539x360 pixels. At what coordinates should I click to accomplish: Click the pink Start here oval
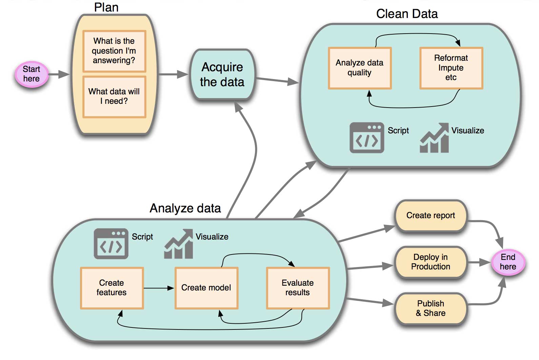[x=32, y=74]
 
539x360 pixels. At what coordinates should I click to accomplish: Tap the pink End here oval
[x=508, y=262]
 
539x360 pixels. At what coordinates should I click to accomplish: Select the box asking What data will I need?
[x=114, y=97]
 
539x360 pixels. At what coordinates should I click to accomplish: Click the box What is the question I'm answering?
[x=114, y=51]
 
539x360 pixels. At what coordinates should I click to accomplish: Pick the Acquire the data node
[x=222, y=75]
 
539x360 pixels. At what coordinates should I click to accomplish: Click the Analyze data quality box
[x=360, y=68]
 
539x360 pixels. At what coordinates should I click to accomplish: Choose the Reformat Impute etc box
[x=451, y=68]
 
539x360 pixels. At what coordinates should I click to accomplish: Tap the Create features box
[x=112, y=288]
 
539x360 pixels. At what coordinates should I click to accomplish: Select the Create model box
[x=206, y=288]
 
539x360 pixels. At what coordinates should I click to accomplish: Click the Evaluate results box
[x=298, y=288]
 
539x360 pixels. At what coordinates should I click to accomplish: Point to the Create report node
[x=431, y=216]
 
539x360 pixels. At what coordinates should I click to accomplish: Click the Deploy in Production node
[x=431, y=262]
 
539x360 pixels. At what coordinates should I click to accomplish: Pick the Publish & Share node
[x=431, y=308]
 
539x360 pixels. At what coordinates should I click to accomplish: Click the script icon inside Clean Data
[x=367, y=138]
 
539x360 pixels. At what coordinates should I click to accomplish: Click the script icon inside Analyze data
[x=111, y=244]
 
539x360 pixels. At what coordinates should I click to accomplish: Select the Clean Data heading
[x=407, y=14]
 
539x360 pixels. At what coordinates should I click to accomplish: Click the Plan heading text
[x=106, y=7]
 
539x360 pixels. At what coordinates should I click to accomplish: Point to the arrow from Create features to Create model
[x=159, y=288]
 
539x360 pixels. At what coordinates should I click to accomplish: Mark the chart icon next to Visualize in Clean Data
[x=435, y=138]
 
